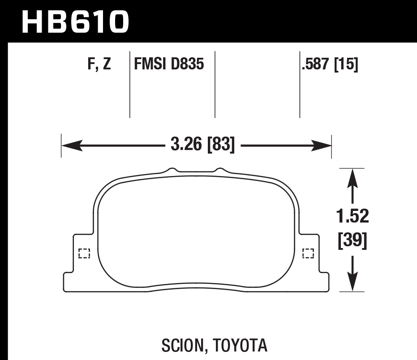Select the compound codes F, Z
(x=99, y=65)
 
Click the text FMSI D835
(x=169, y=65)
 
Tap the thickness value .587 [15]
(x=330, y=65)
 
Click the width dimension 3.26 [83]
(x=202, y=145)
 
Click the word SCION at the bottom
(x=181, y=345)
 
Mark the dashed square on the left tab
(x=84, y=253)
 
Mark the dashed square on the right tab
(x=308, y=253)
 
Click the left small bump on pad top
(x=171, y=170)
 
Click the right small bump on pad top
(x=219, y=170)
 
